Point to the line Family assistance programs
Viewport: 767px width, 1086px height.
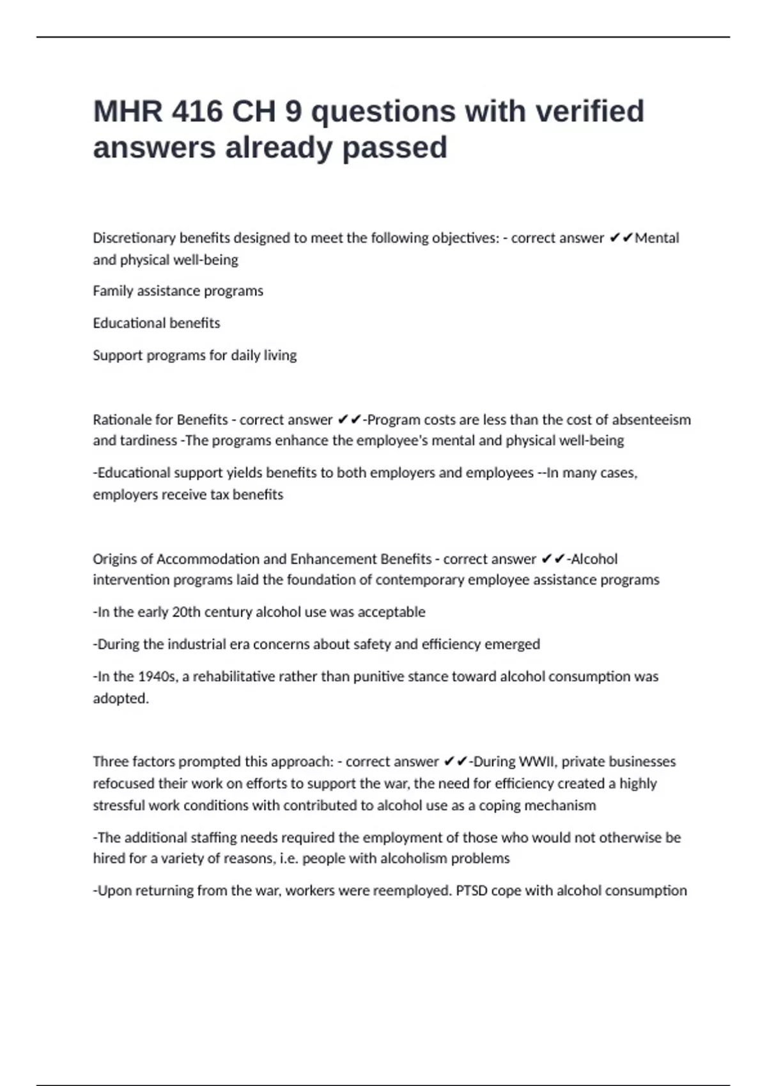(x=178, y=291)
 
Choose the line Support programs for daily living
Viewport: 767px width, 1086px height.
(x=194, y=355)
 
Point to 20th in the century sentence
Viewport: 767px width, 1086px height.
(x=187, y=612)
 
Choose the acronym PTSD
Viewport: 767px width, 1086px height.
(x=472, y=891)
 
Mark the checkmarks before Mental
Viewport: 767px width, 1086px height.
(x=620, y=238)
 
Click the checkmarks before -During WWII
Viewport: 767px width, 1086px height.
(x=455, y=761)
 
